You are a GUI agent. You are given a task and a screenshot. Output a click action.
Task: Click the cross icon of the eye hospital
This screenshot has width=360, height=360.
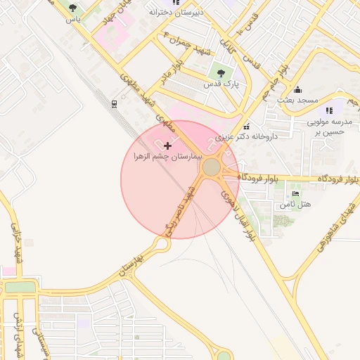point(167,146)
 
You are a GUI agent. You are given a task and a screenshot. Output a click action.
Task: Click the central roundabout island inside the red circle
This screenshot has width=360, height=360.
point(211,168)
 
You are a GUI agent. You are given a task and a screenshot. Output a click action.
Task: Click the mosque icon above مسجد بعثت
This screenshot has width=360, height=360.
point(297,89)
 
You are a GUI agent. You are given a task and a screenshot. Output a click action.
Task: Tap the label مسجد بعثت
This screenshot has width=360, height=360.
point(297,100)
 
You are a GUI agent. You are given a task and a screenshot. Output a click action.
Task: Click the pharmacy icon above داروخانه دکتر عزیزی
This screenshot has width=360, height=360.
point(266,125)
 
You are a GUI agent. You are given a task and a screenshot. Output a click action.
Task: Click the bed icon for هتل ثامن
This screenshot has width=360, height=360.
point(295,193)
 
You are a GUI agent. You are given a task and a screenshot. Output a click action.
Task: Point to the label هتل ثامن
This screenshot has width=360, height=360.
point(295,204)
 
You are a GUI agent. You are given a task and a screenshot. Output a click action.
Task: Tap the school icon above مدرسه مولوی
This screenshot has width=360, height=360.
point(329,110)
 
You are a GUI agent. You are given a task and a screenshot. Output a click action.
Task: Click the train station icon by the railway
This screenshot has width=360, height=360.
point(114,103)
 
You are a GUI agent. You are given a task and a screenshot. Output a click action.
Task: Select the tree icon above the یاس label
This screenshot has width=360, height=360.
point(73,8)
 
